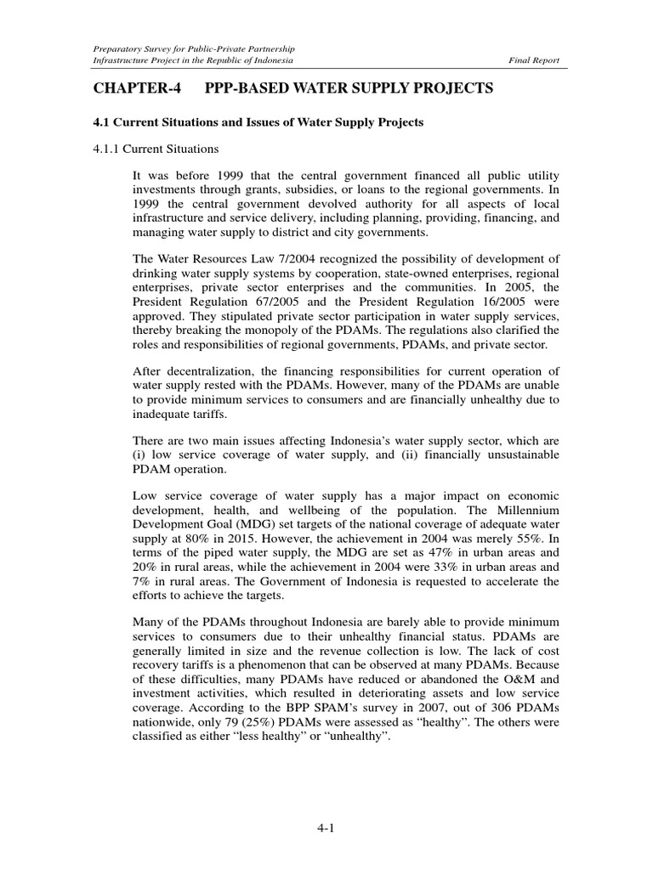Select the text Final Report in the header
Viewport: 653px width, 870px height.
point(533,61)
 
